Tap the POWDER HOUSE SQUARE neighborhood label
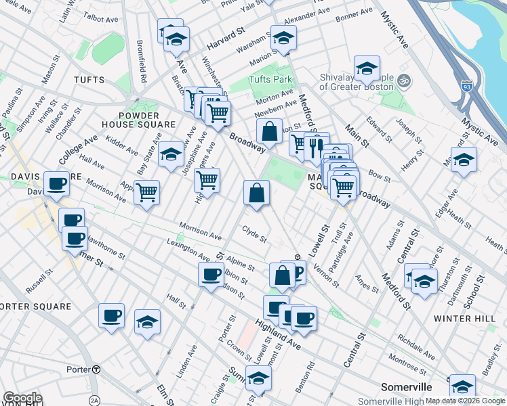[x=139, y=119]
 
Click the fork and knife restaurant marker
[x=315, y=147]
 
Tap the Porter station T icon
[x=96, y=370]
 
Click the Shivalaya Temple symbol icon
[x=403, y=79]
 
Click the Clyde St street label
[x=255, y=238]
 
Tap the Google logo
[x=22, y=398]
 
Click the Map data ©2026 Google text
[x=465, y=401]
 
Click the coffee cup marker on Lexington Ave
[x=211, y=274]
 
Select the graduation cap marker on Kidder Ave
[x=171, y=155]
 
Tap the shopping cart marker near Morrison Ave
[x=146, y=194]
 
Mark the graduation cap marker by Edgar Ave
[x=464, y=160]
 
